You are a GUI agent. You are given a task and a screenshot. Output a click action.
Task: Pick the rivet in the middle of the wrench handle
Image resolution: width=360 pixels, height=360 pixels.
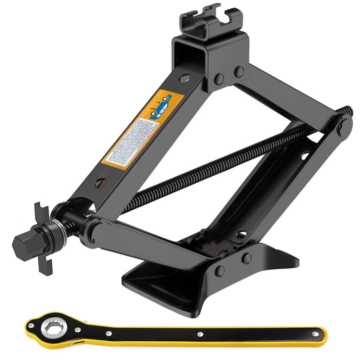pos(200,334)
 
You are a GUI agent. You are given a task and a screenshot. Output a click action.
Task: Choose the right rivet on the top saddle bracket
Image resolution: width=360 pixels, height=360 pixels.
pos(239,72)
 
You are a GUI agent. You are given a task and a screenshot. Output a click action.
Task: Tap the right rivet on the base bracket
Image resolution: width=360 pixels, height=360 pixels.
pos(247,258)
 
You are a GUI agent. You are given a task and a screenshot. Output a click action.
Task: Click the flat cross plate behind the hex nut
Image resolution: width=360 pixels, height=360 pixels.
pos(44,239)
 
